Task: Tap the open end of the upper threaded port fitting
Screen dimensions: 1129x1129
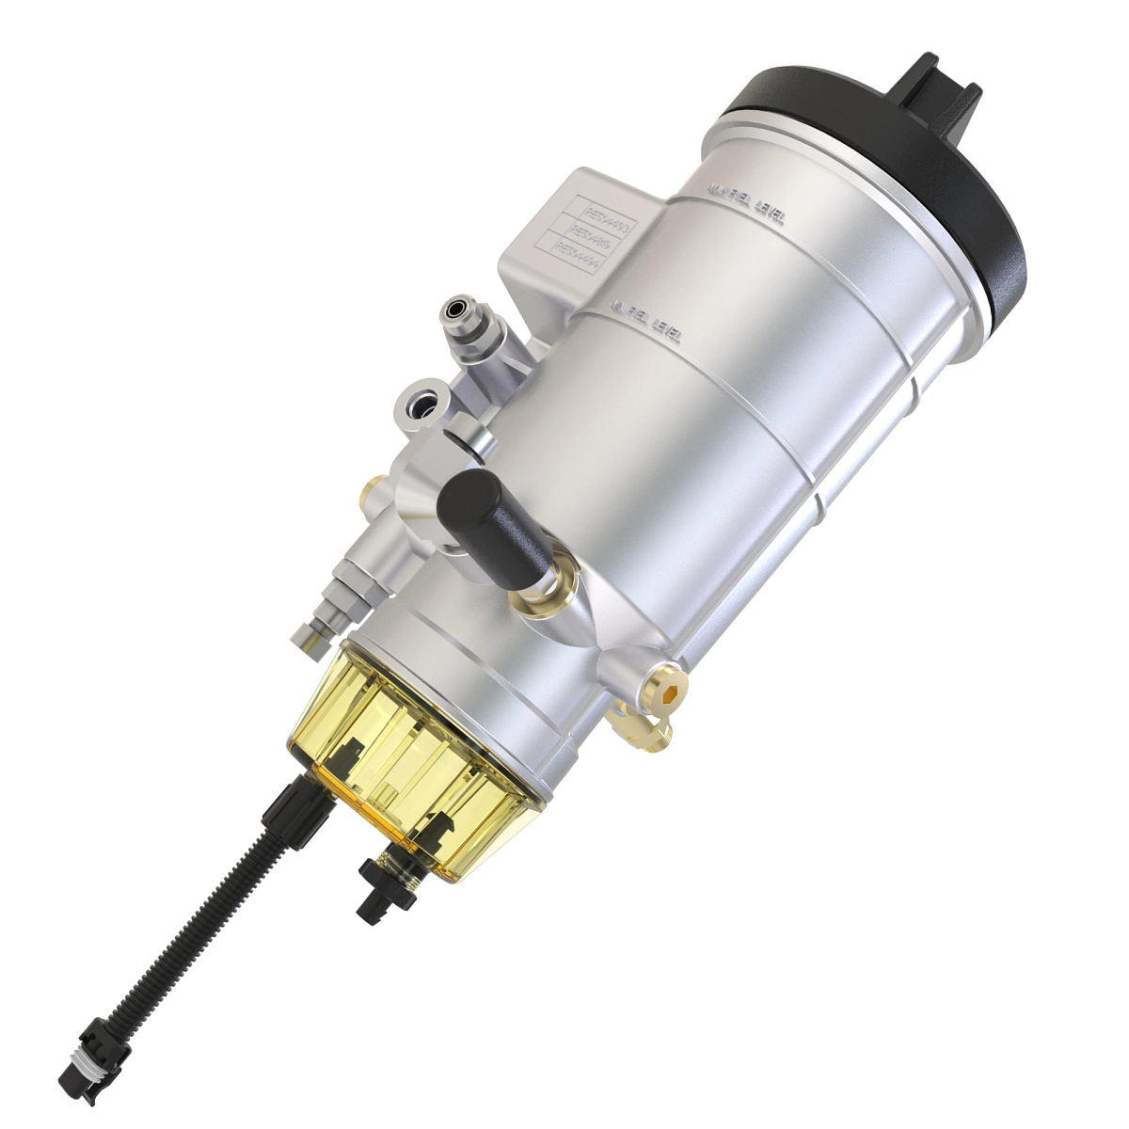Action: click(456, 308)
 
